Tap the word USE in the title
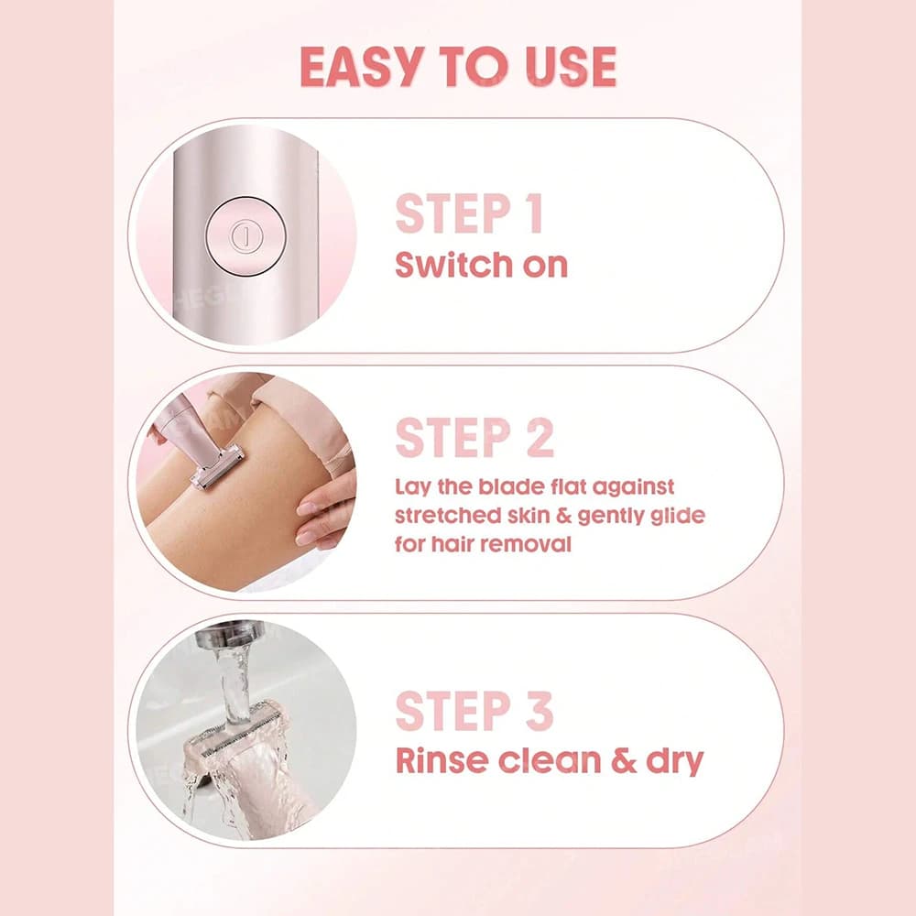[x=571, y=67]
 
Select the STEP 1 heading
[x=470, y=213]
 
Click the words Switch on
[x=482, y=265]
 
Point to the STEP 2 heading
[x=474, y=437]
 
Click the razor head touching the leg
[x=217, y=466]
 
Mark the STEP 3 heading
[x=474, y=711]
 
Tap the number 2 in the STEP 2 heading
[x=540, y=437]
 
